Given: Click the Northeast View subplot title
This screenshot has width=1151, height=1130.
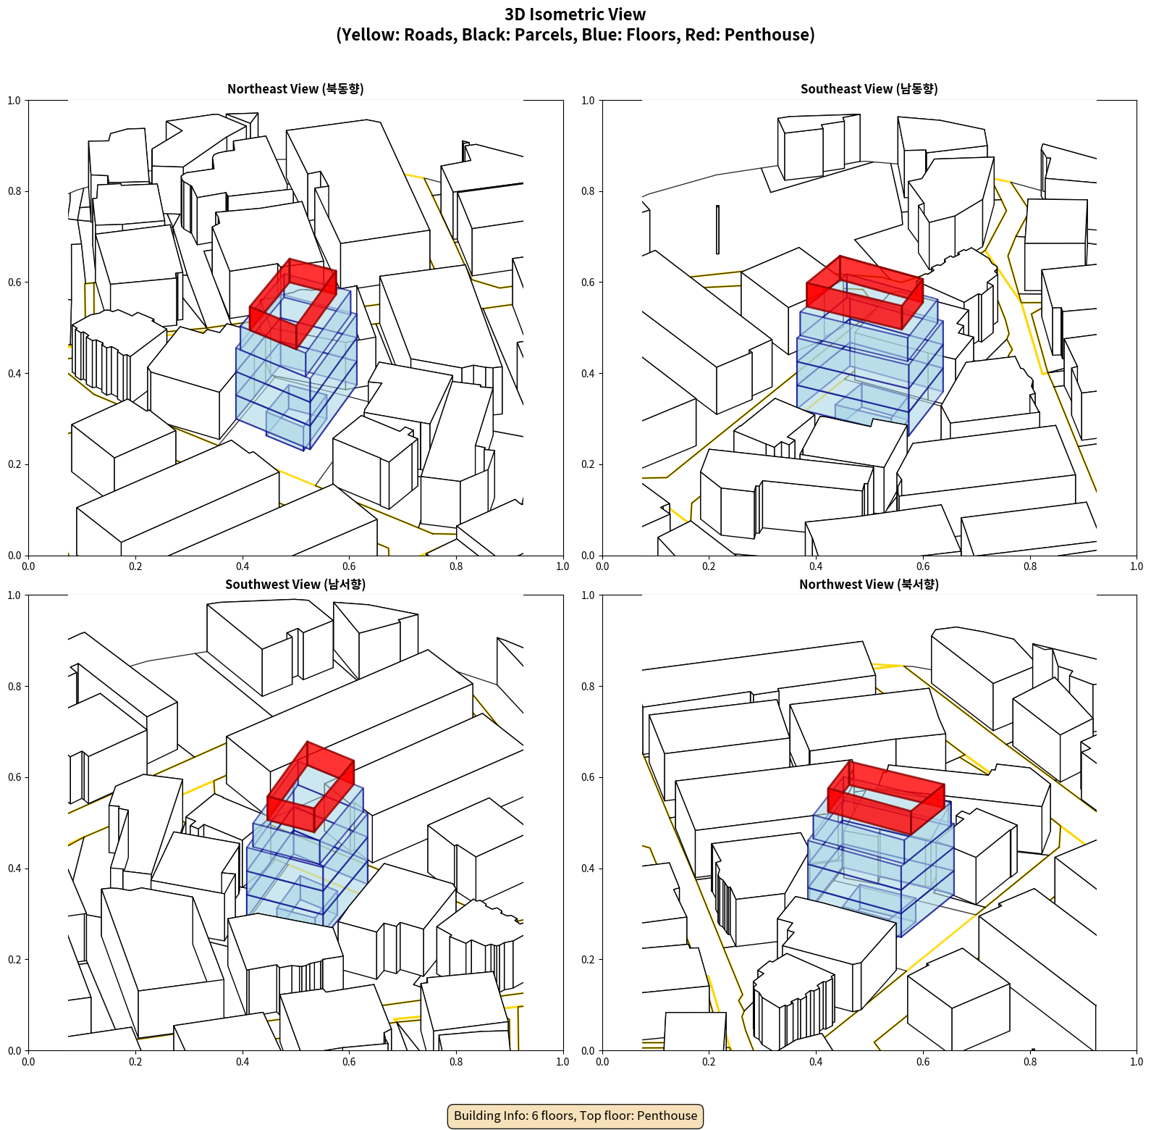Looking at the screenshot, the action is click(295, 88).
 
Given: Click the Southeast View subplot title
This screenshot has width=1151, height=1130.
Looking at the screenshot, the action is click(869, 88).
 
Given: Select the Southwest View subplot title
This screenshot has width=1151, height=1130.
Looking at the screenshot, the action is click(295, 584).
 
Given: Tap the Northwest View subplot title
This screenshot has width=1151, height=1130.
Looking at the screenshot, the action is click(869, 584).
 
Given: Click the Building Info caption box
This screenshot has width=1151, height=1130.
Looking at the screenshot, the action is click(575, 1116).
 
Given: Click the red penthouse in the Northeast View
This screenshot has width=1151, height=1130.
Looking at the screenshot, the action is click(293, 303).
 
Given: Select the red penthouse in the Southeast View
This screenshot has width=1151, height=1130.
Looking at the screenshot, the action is click(865, 292).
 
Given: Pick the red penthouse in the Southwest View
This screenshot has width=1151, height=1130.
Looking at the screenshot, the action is click(311, 786).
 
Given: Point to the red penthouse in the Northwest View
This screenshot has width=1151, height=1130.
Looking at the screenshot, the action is click(886, 797).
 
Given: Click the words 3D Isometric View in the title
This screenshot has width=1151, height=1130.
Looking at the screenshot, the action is click(575, 14).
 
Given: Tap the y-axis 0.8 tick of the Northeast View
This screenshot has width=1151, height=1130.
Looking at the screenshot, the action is click(14, 191).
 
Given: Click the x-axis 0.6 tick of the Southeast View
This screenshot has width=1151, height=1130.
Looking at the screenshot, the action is click(923, 566).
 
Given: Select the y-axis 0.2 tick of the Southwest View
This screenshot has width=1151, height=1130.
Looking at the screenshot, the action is click(14, 959).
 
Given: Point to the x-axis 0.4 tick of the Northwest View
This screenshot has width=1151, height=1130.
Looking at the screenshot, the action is click(816, 1061).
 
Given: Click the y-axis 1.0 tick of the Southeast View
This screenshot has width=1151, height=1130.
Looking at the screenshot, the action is click(588, 100).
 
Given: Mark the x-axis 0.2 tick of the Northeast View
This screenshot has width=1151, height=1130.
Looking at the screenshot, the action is click(135, 566).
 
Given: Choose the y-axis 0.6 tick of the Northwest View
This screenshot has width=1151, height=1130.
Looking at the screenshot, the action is click(588, 777).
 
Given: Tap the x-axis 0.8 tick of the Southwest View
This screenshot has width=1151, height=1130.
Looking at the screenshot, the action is click(456, 1061).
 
